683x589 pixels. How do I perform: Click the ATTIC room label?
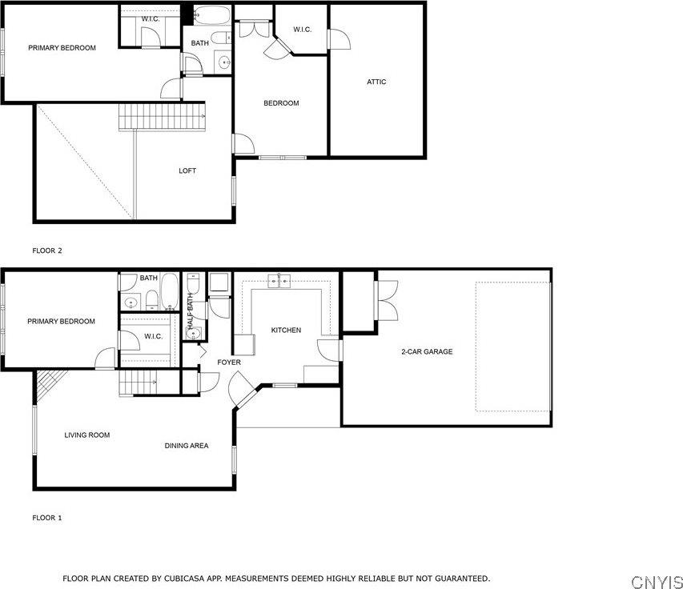pos(376,82)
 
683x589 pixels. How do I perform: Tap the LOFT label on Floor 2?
pos(187,170)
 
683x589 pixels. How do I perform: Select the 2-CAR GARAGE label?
pos(427,351)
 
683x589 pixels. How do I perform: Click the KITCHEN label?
pos(286,330)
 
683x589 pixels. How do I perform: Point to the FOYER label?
pos(229,363)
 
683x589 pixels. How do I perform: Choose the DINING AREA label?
pos(187,446)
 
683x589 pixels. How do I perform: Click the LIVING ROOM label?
pos(86,435)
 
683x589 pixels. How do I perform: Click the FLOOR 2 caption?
pos(47,250)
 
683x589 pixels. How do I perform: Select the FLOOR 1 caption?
pos(47,518)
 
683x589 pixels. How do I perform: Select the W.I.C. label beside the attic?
pos(302,30)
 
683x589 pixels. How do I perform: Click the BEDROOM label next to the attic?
pos(281,103)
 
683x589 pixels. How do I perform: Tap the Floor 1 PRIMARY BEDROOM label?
pos(61,322)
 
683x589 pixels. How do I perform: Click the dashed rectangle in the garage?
pos(512,345)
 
